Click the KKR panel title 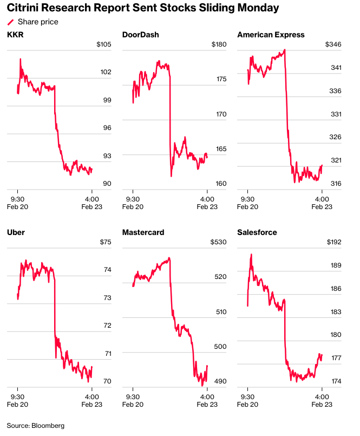15,35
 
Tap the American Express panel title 271,35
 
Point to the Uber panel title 16,232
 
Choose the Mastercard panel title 143,232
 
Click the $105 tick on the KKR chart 103,44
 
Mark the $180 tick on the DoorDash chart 219,44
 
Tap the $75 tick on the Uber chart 105,242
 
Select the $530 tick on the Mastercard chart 219,242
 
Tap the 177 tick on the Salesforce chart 336,358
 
